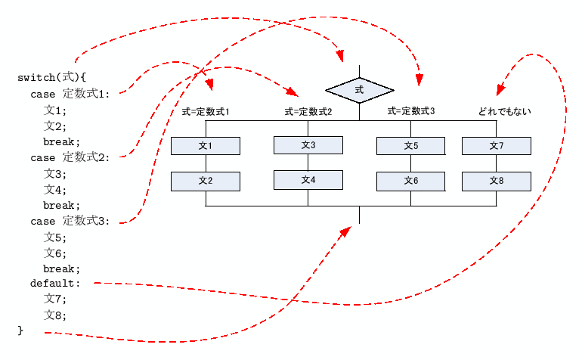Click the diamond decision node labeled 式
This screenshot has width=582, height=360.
[359, 90]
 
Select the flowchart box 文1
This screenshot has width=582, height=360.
[206, 146]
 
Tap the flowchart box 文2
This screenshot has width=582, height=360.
[206, 181]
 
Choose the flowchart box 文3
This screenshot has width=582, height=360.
[308, 144]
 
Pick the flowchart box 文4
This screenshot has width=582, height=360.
[308, 180]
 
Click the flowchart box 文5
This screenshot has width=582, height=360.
[411, 146]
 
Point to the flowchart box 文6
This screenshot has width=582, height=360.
[411, 181]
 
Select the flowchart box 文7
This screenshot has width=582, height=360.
[497, 146]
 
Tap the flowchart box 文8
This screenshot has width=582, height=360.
[497, 181]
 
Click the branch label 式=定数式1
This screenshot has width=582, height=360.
[206, 112]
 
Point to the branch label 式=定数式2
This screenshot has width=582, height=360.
[308, 112]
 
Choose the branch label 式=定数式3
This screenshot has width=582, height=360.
[411, 112]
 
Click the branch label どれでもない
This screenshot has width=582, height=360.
[504, 112]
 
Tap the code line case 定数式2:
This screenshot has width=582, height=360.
[70, 157]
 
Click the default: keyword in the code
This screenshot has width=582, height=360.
[55, 284]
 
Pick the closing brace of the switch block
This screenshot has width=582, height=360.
[21, 331]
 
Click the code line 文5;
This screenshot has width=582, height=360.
[55, 237]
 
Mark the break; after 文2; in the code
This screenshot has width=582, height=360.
[61, 141]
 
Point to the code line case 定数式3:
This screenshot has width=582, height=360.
[70, 221]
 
